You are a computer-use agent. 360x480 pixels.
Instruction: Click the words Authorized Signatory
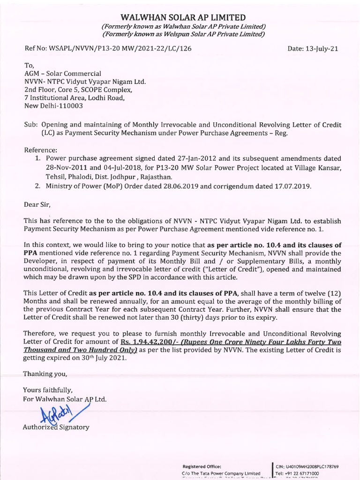[x=56, y=427]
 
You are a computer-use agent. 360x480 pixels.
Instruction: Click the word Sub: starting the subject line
[x=31, y=125]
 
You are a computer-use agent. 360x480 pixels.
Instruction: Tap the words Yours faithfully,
[x=48, y=390]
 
